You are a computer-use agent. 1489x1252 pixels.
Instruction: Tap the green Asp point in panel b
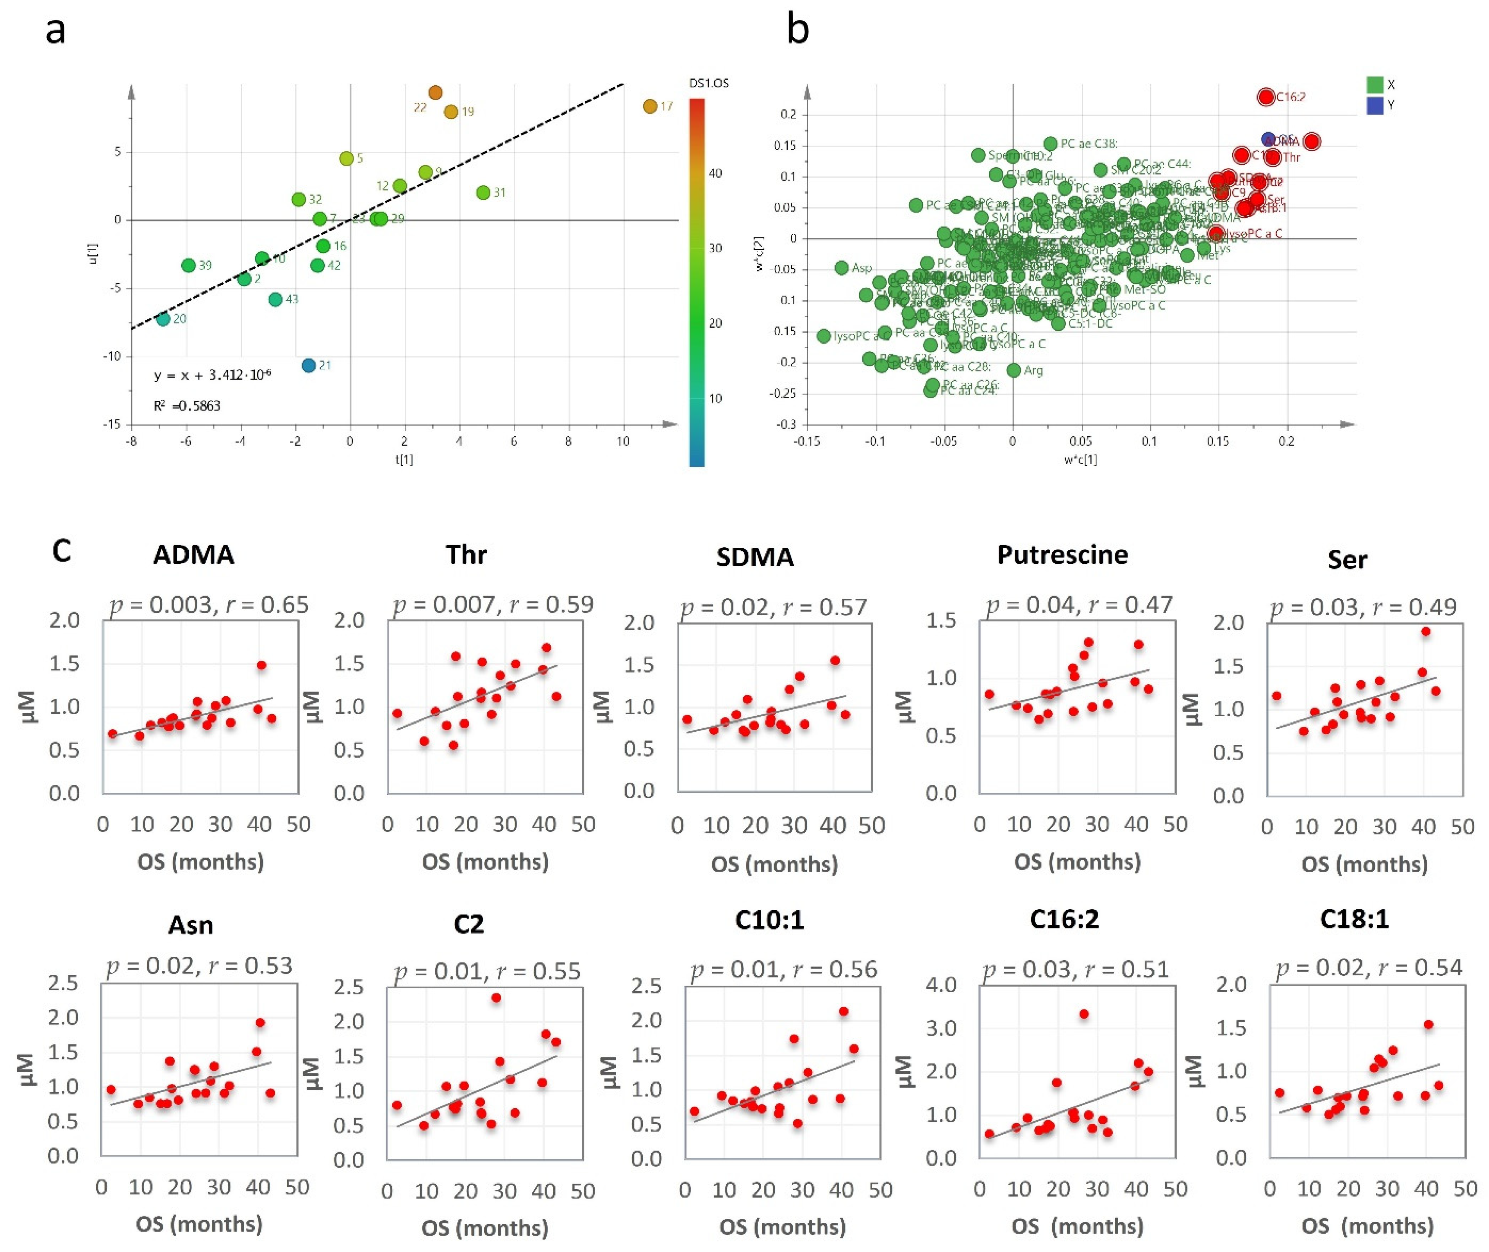[842, 268]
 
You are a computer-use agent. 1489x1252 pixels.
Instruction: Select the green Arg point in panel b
[1014, 370]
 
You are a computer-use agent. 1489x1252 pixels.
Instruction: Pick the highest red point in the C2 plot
[496, 998]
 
